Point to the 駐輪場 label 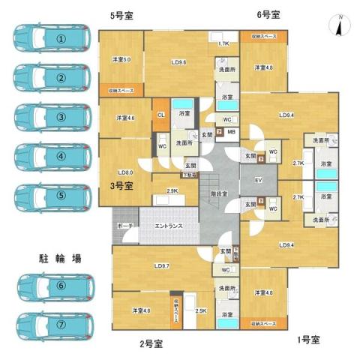tap(60, 257)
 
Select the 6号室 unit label tap(268, 14)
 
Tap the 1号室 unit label tap(307, 340)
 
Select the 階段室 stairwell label tap(221, 192)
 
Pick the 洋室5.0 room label tap(122, 59)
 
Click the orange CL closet tap(161, 115)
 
